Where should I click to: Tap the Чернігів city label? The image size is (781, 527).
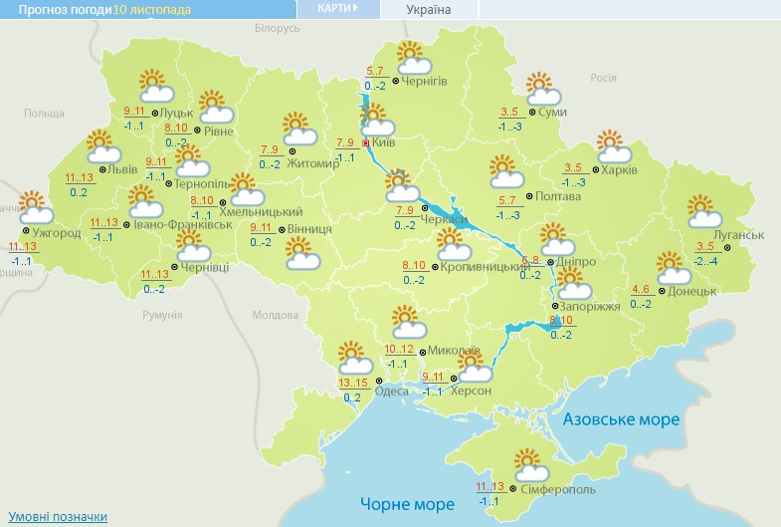(x=426, y=80)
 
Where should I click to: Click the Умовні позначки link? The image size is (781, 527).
(x=58, y=517)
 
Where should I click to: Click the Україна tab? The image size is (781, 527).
(x=429, y=10)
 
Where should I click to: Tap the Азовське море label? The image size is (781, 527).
(x=621, y=420)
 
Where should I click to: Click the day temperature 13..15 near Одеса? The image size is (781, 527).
(x=352, y=384)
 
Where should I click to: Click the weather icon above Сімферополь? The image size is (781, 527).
(x=531, y=464)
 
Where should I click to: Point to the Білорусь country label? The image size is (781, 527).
(x=276, y=29)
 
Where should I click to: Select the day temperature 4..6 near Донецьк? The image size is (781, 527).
(x=641, y=290)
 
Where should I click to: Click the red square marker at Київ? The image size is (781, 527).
(x=365, y=143)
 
